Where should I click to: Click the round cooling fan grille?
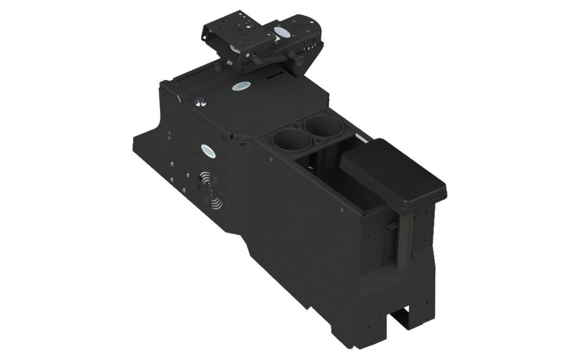coord(210,190)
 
